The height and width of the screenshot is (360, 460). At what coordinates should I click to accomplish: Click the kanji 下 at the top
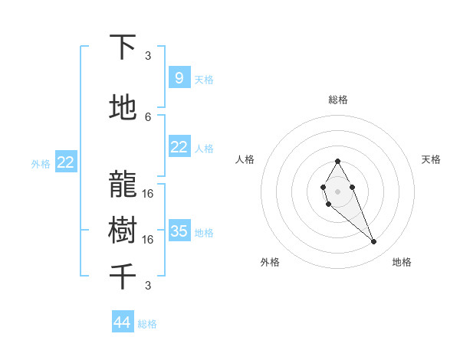[123, 47]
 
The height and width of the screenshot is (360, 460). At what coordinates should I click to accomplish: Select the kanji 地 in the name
[123, 108]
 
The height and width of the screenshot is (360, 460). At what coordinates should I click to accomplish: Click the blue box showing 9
[179, 77]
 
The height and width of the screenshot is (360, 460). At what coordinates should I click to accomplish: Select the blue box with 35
[179, 231]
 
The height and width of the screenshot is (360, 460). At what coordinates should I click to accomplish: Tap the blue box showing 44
[123, 322]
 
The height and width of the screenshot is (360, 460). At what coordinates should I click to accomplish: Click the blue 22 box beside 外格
[66, 162]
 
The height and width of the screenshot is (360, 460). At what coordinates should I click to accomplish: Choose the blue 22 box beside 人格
[179, 146]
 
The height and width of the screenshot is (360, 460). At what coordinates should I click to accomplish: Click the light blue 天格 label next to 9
[204, 80]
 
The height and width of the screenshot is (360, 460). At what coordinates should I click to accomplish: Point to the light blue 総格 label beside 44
[147, 324]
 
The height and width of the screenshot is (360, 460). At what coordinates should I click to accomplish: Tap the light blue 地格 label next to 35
[204, 233]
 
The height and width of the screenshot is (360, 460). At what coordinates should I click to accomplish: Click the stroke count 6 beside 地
[148, 116]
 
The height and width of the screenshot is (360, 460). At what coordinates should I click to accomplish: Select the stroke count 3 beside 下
[148, 55]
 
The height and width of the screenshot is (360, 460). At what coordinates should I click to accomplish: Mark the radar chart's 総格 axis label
[337, 100]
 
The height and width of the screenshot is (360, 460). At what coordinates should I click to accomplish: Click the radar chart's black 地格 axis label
[402, 262]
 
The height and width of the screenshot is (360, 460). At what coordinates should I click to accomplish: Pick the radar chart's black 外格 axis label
[270, 262]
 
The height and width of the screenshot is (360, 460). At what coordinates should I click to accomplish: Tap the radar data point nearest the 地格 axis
[374, 242]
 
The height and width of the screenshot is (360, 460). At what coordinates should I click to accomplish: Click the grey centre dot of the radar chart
[337, 191]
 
